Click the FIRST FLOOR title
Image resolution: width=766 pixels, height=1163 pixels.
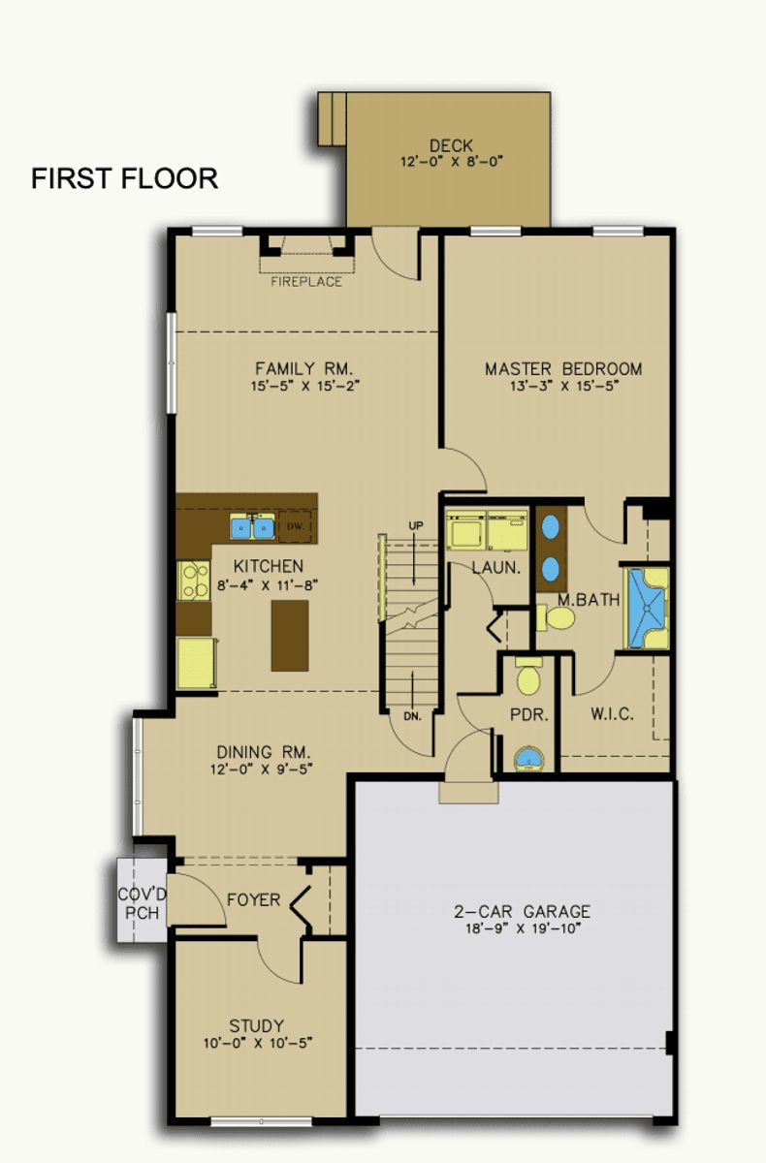point(125,178)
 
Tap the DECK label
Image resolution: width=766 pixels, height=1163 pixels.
point(451,146)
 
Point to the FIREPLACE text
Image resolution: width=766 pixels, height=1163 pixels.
point(306,282)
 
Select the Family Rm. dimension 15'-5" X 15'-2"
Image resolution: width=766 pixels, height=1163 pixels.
point(304,387)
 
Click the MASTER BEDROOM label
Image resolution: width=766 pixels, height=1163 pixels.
point(563,369)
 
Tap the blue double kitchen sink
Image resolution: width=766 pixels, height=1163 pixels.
point(252,526)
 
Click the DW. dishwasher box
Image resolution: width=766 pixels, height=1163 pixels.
point(295,526)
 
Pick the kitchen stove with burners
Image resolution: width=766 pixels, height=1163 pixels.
point(193,581)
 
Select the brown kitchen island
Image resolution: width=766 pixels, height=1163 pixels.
point(290,636)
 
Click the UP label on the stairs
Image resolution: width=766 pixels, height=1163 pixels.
point(415,525)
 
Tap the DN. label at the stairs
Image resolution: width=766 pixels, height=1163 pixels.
point(413,716)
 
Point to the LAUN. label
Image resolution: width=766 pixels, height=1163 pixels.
point(495,568)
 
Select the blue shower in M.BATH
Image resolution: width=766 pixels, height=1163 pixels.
point(647,608)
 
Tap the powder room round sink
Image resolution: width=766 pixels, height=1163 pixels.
point(527,759)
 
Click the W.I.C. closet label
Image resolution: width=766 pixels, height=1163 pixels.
point(612,714)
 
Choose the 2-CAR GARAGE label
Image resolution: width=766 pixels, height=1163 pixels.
point(522,911)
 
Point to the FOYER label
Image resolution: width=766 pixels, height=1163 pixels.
point(253,899)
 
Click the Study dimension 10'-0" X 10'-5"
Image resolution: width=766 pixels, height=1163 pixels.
point(258,1043)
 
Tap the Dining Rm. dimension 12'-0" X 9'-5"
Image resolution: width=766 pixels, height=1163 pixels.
point(261,769)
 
